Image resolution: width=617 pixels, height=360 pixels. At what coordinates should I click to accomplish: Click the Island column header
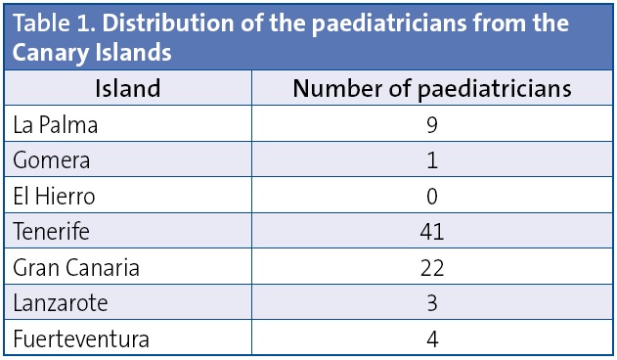point(127,89)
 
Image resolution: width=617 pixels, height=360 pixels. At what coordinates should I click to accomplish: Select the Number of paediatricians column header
point(432,89)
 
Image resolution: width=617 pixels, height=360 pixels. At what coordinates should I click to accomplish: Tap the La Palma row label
point(56,124)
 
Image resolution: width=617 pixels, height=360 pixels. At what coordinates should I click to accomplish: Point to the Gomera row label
point(52,159)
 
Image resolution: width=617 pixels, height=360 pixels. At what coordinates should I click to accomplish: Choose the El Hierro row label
point(55,196)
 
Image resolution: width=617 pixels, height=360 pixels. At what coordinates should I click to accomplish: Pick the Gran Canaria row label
point(76,267)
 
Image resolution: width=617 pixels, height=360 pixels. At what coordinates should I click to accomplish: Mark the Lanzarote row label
point(60,303)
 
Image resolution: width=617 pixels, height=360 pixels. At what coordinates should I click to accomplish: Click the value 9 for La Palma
point(432,124)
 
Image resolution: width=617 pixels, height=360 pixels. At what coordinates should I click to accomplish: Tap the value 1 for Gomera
point(432,159)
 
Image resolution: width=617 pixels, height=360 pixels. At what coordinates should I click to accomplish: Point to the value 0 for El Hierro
point(432,196)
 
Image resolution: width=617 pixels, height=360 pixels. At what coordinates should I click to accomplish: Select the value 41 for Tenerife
point(432,232)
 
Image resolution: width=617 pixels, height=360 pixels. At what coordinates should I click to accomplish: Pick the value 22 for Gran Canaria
point(432,267)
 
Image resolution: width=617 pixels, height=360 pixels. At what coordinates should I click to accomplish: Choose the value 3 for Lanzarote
point(432,303)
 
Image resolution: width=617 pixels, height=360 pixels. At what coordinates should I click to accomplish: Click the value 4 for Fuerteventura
point(432,338)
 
